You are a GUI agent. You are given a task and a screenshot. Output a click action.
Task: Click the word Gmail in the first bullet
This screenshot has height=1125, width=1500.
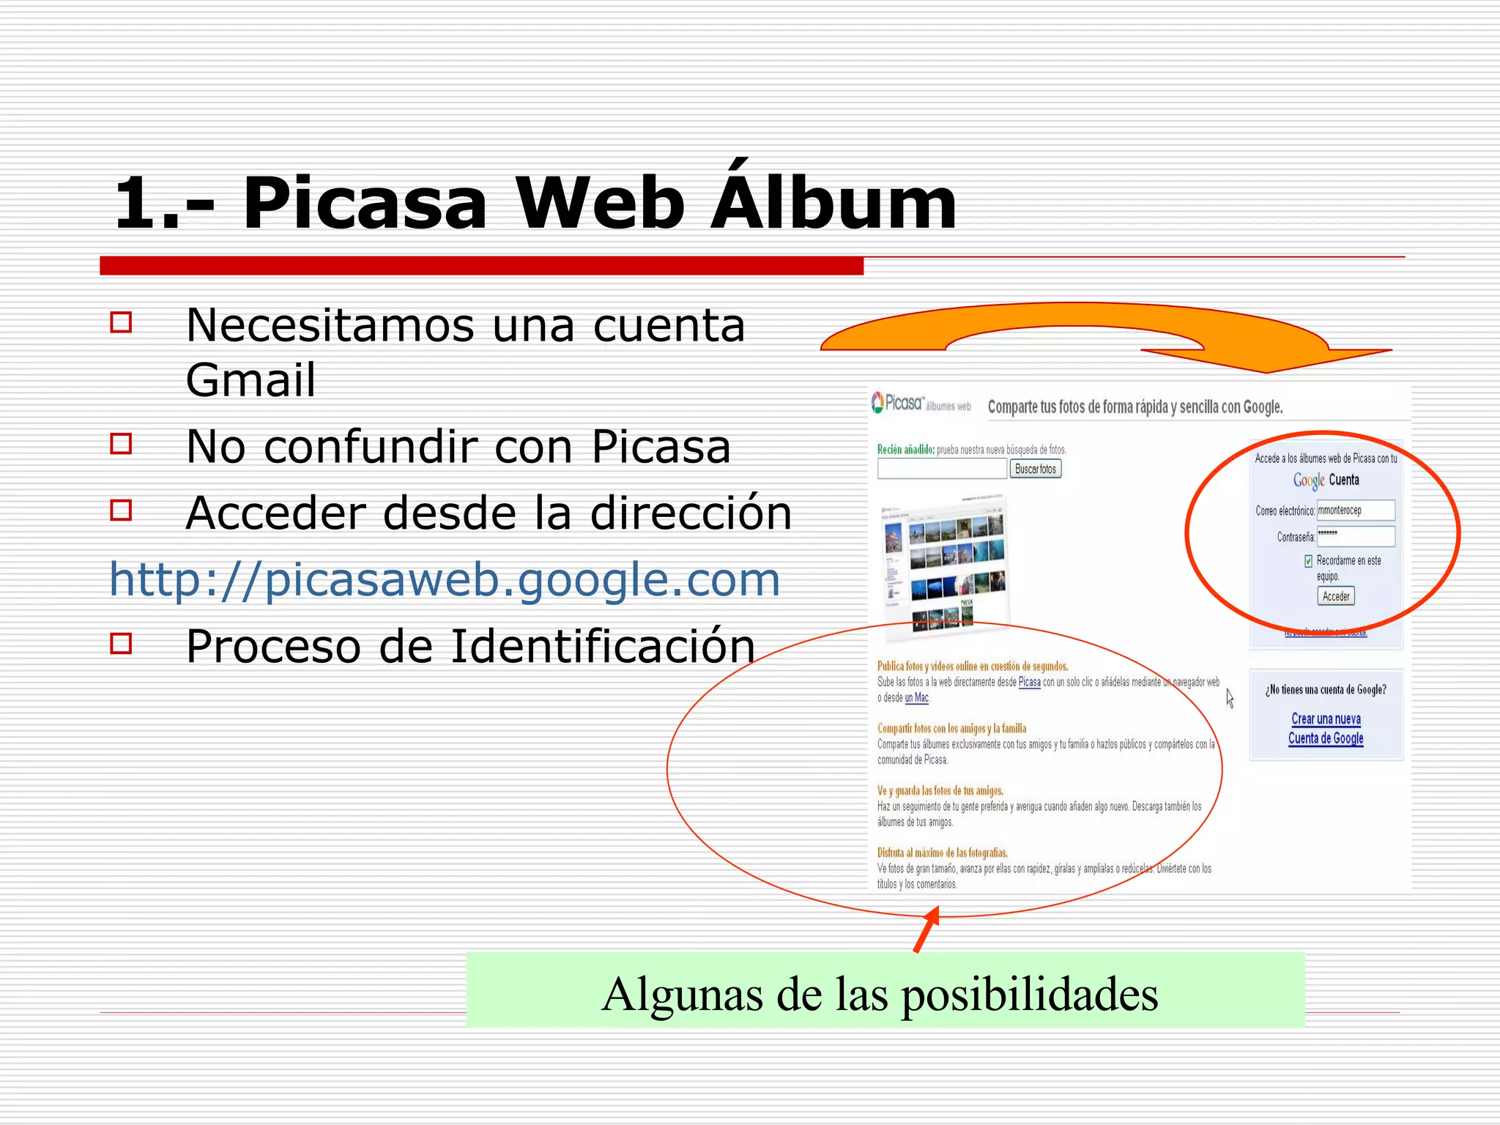click(250, 380)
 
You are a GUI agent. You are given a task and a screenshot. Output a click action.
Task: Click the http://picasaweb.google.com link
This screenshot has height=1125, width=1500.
click(445, 579)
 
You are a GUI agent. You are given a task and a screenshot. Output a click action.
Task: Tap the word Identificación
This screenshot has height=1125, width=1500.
click(602, 647)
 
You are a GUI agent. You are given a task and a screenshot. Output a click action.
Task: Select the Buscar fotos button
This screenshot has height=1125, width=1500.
click(1035, 469)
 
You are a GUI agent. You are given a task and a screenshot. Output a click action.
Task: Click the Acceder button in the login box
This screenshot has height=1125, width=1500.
click(1335, 596)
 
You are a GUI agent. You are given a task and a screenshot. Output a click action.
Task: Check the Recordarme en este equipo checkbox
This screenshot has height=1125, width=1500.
click(1308, 561)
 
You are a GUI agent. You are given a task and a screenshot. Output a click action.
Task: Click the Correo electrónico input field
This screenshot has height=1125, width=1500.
click(1355, 510)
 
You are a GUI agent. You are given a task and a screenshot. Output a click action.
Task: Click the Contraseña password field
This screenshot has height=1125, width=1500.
click(1355, 537)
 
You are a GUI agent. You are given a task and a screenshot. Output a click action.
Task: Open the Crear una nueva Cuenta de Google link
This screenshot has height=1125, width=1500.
click(1326, 729)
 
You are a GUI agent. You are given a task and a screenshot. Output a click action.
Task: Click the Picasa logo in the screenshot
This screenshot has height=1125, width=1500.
click(898, 403)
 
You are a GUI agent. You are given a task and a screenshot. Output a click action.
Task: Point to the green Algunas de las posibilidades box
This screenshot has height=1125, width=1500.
click(885, 990)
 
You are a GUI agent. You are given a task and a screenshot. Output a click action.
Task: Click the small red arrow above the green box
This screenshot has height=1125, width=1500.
click(927, 929)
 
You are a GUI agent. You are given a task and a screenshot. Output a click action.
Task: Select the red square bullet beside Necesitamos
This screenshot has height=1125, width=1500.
click(121, 323)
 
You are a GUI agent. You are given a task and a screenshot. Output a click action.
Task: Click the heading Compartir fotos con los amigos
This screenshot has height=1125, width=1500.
click(951, 729)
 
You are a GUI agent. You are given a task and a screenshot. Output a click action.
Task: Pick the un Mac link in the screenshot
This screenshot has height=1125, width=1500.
click(916, 698)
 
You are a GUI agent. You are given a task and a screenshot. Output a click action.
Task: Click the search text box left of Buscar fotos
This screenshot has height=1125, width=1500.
click(942, 469)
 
